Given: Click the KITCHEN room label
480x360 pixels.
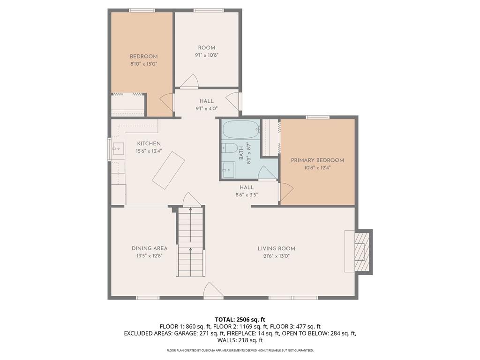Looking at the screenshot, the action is click(x=149, y=143).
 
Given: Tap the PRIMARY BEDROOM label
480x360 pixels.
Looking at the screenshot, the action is click(x=317, y=160).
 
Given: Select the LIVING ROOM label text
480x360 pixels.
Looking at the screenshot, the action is click(x=277, y=248).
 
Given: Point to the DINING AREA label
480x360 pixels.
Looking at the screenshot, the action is click(x=150, y=248).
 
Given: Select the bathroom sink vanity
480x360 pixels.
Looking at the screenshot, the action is click(x=228, y=170).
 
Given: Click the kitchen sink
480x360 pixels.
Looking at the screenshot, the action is click(x=118, y=149).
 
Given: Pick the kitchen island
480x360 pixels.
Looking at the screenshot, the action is click(x=168, y=171).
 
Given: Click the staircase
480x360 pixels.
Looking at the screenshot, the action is click(x=190, y=241).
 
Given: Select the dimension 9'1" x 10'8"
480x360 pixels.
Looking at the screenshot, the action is click(x=207, y=55).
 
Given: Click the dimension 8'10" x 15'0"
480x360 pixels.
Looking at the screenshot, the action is click(x=144, y=64).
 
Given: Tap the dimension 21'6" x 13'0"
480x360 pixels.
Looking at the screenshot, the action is click(x=277, y=256).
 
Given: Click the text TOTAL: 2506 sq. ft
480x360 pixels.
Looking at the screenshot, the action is click(x=240, y=320).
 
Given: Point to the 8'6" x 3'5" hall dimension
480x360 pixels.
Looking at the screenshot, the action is click(x=247, y=195).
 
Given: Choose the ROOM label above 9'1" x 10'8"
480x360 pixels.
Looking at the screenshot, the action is click(x=207, y=48).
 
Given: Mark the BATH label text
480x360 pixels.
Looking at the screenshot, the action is click(x=241, y=153).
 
